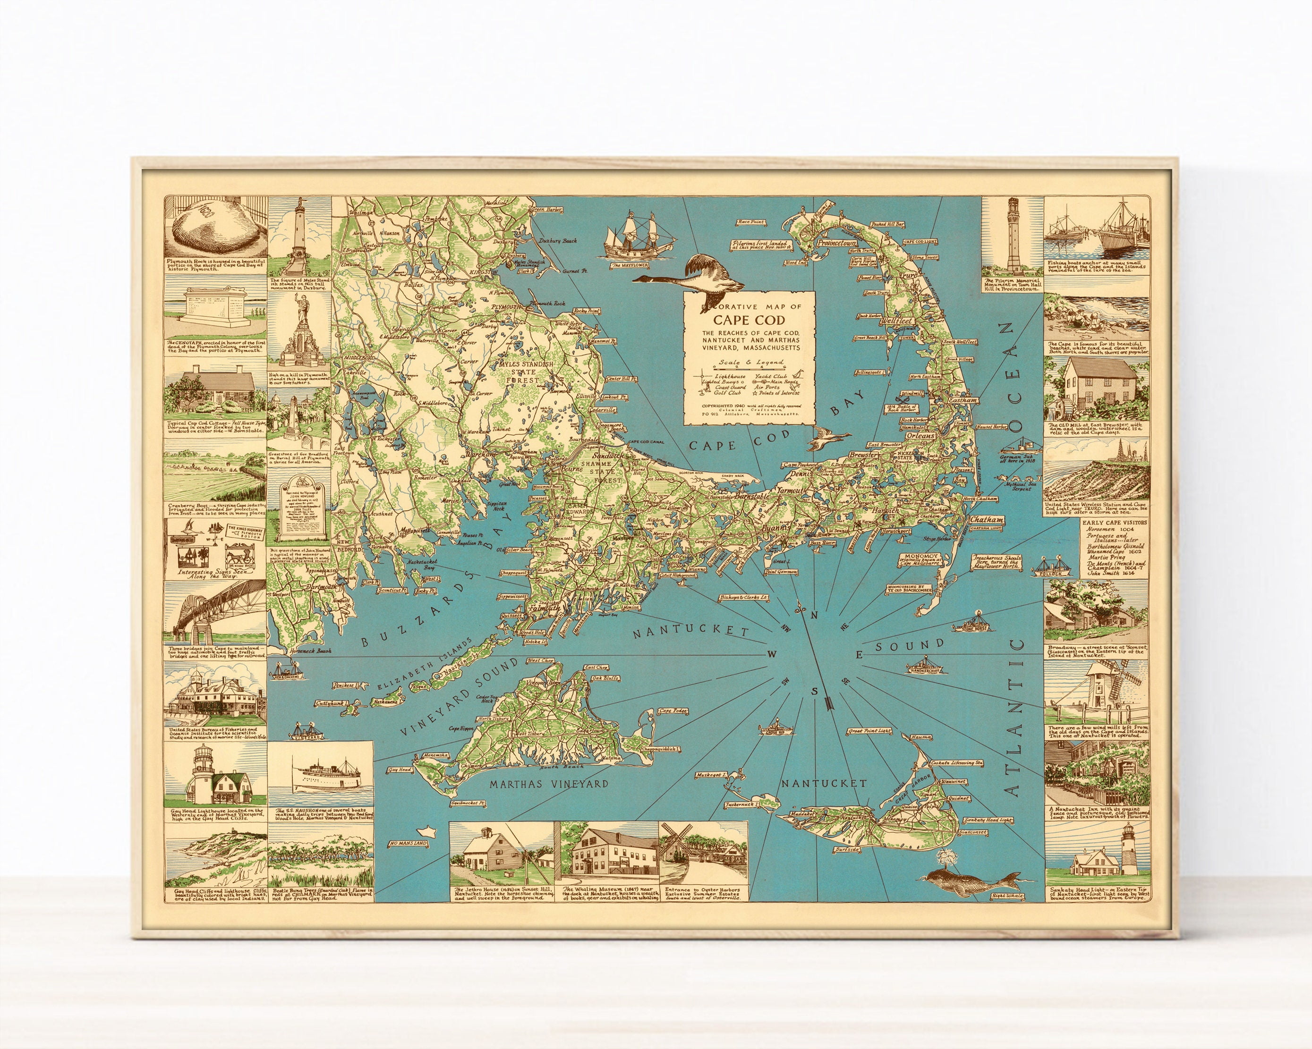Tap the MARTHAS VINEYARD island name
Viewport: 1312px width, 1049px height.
(x=549, y=784)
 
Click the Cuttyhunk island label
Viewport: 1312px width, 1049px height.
(x=329, y=703)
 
